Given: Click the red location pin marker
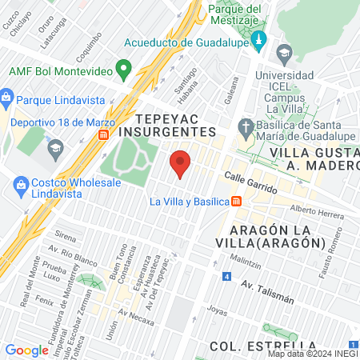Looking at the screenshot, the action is [181, 163].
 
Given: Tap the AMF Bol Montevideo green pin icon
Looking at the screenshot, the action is [122, 70].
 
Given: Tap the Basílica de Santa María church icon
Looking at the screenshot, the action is [247, 126].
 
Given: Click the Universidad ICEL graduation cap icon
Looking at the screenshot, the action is [284, 54].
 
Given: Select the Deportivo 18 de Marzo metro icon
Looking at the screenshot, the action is [103, 135].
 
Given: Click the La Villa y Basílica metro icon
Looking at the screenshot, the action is [236, 202].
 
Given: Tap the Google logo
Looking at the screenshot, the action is [26, 350].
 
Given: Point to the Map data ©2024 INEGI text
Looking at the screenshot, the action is [312, 354].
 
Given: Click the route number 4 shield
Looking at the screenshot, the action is [227, 277].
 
